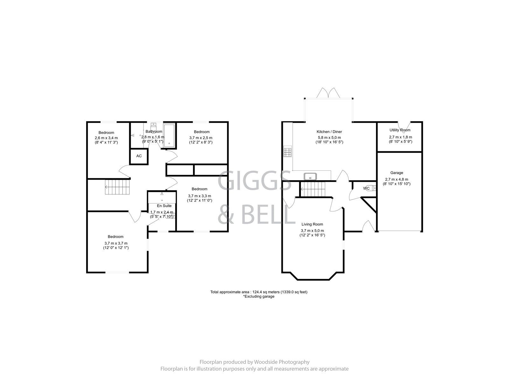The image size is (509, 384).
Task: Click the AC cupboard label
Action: pos(139,156)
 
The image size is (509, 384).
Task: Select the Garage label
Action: pos(396,173)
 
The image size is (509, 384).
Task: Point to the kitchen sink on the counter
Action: pos(309,176)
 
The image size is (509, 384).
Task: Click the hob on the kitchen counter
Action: pos(287,152)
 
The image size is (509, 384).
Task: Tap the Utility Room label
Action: pos(400,130)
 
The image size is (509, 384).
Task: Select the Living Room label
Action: pos(312,224)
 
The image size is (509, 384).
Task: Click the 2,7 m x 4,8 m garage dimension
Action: pos(396,179)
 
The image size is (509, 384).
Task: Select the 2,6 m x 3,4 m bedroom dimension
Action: pos(106,138)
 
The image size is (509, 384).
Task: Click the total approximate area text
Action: pos(259,292)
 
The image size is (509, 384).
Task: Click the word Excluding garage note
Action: pos(259,296)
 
